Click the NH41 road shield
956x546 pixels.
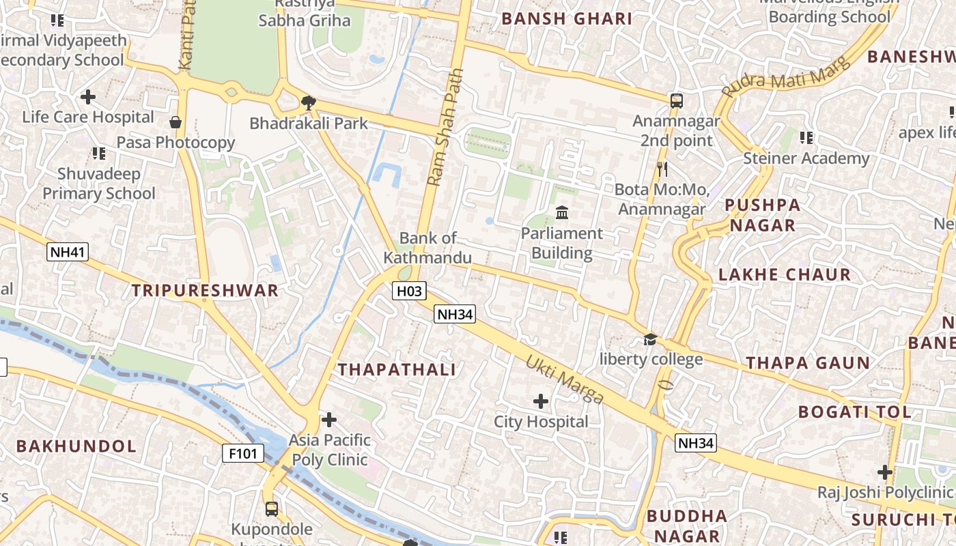click(x=68, y=253)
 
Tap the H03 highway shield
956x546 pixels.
click(x=410, y=291)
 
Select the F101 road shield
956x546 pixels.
click(x=243, y=452)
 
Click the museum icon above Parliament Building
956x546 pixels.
click(x=562, y=213)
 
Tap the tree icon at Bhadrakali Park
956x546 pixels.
click(x=309, y=103)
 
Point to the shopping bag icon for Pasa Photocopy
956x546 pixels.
click(x=175, y=122)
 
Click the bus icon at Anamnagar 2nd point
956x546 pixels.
click(x=676, y=101)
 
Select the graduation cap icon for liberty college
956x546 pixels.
click(x=650, y=339)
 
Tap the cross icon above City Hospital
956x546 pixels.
click(x=541, y=401)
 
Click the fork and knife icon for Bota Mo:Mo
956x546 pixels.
click(x=661, y=169)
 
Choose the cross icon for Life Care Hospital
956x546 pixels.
click(x=88, y=97)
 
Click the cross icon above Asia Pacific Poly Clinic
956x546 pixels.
click(x=329, y=419)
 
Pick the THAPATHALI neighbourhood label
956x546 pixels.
click(x=397, y=370)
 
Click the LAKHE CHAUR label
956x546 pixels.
click(x=785, y=275)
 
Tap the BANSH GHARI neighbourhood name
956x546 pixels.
click(x=567, y=19)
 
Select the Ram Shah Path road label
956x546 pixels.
click(x=445, y=127)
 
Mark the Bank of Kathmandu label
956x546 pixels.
click(x=427, y=248)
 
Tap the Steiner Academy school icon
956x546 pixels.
click(x=806, y=138)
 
